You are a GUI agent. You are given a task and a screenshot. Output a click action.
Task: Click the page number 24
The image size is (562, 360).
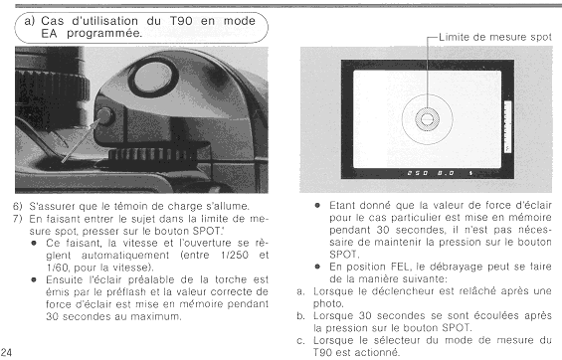pos(6,352)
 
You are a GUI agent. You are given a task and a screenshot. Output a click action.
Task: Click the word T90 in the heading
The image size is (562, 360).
pos(181,21)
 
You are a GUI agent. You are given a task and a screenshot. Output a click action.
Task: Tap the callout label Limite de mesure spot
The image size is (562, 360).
pos(495,37)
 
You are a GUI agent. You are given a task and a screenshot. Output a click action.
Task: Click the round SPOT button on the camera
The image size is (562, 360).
pos(104,115)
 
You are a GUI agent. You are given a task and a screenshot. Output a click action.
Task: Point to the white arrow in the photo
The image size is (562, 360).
pos(81,141)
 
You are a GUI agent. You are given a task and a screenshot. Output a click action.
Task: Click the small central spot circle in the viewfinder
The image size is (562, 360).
pos(427,119)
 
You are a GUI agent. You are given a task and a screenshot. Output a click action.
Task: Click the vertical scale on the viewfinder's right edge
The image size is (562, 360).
pos(507,127)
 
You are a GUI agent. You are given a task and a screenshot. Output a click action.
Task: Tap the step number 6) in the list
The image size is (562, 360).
pos(18,206)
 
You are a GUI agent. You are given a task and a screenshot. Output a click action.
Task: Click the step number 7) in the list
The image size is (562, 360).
pos(18,219)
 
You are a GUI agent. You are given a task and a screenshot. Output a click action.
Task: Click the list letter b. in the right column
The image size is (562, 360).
pos(300,316)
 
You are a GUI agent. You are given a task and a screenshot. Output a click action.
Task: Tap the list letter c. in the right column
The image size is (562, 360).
pos(300,341)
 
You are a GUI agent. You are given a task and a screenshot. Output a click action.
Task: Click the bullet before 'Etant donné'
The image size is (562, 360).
pos(317,205)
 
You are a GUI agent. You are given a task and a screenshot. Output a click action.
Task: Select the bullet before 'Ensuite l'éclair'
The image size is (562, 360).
pos(34,279)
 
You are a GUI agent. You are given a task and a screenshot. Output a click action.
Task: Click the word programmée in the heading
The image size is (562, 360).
pos(104,33)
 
